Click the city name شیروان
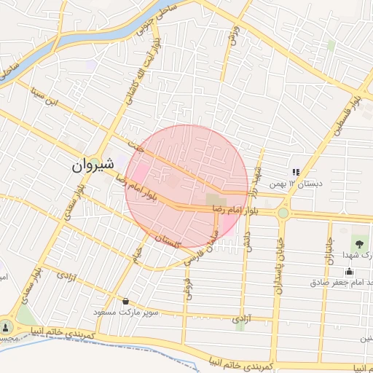tap(94, 165)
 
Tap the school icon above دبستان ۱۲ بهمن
tap(296, 172)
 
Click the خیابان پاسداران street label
tap(278, 265)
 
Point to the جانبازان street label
tap(329, 248)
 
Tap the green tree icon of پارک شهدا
tap(358, 243)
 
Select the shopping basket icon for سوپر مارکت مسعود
tap(126, 300)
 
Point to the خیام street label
tap(136, 254)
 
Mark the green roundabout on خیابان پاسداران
tap(283, 213)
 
